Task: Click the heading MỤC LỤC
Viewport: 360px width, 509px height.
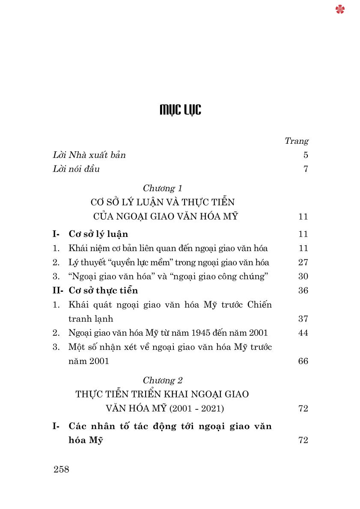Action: tap(180, 110)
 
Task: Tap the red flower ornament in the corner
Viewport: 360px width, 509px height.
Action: tap(340, 9)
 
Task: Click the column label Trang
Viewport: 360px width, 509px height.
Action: tap(297, 141)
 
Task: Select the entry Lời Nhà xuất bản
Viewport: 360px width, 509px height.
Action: tap(89, 155)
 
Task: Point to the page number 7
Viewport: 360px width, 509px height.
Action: tap(306, 169)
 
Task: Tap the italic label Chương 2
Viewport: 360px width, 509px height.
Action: tap(162, 380)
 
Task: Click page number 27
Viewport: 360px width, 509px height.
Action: tap(303, 262)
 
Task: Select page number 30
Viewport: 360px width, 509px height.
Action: tap(303, 276)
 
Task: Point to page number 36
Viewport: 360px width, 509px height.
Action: tap(303, 290)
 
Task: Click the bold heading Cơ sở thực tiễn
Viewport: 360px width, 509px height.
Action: tap(103, 290)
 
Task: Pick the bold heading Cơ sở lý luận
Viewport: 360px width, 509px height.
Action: tap(98, 234)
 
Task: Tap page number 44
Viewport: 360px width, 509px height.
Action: tap(303, 333)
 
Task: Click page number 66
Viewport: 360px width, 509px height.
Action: tap(303, 361)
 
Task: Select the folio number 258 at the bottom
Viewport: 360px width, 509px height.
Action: tap(62, 469)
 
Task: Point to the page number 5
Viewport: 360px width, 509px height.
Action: tap(306, 155)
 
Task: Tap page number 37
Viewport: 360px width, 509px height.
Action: tap(303, 319)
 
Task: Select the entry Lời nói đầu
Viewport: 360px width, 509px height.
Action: tap(76, 169)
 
